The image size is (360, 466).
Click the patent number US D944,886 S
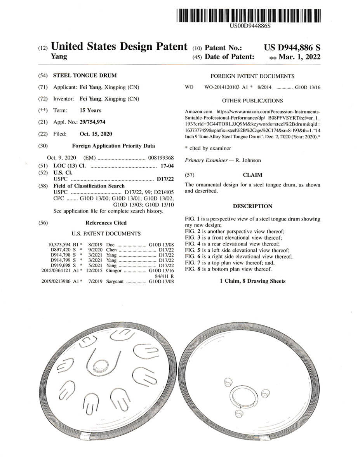pyautogui.click(x=292, y=48)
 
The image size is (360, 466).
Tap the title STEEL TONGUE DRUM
pyautogui.click(x=85, y=75)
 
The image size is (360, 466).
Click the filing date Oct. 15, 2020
pyautogui.click(x=96, y=134)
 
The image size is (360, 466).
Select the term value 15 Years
pyautogui.click(x=90, y=110)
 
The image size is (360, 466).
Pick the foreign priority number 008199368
pyautogui.click(x=161, y=158)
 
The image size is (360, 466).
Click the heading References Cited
pyautogui.click(x=106, y=223)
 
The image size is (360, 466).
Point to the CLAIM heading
pyautogui.click(x=252, y=175)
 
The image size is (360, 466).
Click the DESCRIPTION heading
pyautogui.click(x=252, y=206)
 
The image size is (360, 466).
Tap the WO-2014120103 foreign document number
pyautogui.click(x=223, y=88)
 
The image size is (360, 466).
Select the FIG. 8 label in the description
pyautogui.click(x=193, y=269)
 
